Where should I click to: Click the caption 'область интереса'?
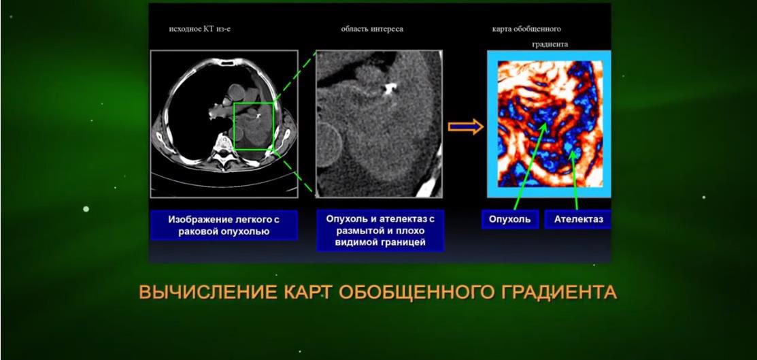click(x=372, y=29)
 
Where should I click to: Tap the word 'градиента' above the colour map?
click(x=550, y=44)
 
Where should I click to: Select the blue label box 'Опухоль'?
click(x=510, y=219)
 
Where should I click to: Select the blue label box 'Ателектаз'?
click(x=578, y=219)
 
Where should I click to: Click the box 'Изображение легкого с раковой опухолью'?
click(x=224, y=225)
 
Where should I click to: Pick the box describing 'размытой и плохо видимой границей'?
click(x=380, y=231)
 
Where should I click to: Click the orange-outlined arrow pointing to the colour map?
click(x=465, y=127)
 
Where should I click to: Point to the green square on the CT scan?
click(x=234, y=126)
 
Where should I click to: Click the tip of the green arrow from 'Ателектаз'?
click(x=573, y=151)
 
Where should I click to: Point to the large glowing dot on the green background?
click(x=86, y=209)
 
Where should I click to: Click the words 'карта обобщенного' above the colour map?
click(x=526, y=29)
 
